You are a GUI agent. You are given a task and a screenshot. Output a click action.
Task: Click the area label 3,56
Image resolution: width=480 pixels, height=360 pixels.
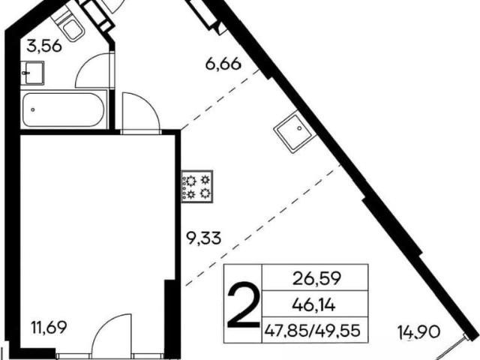coord(44,46)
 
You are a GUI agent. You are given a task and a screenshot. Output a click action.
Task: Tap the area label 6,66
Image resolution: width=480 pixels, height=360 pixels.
coord(223,64)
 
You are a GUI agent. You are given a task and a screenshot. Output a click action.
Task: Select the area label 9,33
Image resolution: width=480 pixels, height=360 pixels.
coord(204,238)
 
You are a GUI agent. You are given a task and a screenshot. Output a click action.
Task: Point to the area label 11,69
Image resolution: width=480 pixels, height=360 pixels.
coord(49,328)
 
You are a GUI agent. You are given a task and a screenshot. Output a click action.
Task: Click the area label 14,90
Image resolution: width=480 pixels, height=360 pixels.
coord(419,331)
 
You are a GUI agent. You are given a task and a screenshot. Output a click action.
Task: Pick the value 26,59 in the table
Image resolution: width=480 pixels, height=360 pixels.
coord(316,278)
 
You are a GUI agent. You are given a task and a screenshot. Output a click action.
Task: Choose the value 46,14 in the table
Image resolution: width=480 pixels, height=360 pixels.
coord(314,304)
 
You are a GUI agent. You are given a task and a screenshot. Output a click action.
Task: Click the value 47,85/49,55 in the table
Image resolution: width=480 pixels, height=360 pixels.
coord(313,331)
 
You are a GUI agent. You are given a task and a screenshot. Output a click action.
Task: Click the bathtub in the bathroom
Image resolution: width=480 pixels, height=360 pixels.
coord(64,110)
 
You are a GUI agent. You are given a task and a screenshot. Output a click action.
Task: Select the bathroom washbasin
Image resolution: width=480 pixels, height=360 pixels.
coord(32,73)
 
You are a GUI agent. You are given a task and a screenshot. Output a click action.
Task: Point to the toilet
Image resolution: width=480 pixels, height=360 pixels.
coord(70,25)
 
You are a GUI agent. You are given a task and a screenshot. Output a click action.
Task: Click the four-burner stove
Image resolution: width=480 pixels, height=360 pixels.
coord(197,187)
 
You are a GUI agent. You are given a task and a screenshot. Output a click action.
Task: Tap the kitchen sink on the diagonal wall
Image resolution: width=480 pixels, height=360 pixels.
coord(293,132)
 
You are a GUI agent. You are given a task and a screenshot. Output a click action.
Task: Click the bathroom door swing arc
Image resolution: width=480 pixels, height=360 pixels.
coord(91,70)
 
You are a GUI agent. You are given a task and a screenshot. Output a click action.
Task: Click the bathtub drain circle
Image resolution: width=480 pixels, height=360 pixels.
coord(32,109)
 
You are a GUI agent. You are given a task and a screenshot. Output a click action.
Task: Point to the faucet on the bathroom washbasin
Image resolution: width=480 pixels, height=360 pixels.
coord(25,73)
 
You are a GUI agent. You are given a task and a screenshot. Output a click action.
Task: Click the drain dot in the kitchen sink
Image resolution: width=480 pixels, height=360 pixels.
coord(299,128)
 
